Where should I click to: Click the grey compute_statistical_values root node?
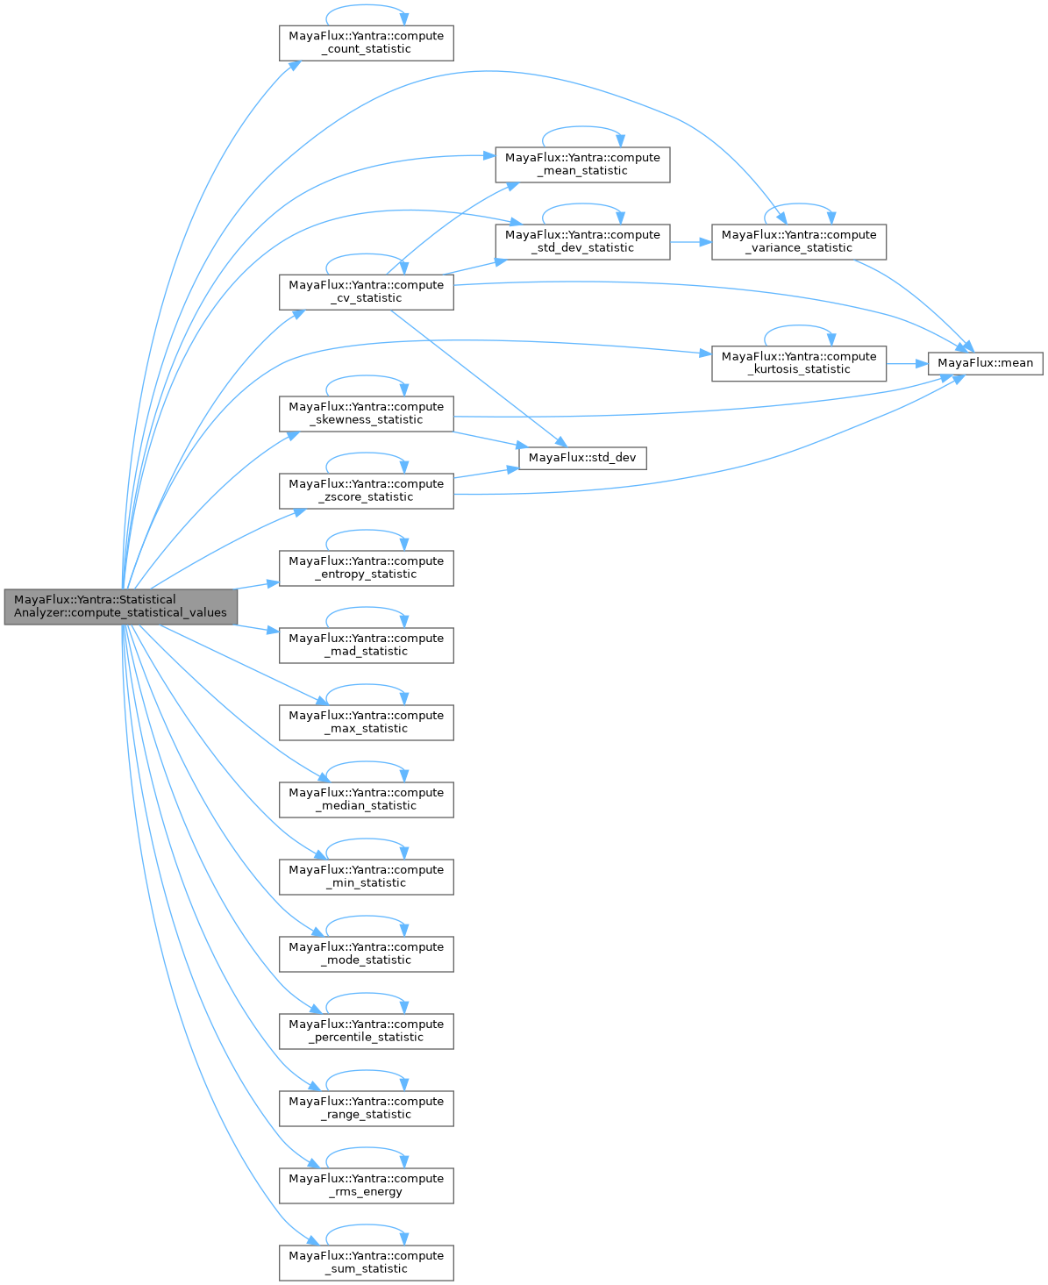(120, 606)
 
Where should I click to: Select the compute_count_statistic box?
(366, 43)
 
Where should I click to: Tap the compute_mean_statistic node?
(582, 165)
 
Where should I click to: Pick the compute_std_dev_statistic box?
(582, 241)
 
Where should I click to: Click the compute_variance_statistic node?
(798, 241)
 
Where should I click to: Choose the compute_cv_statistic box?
(366, 291)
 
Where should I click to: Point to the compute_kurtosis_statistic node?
(798, 363)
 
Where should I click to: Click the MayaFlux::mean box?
(986, 363)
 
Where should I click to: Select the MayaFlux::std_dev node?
(582, 458)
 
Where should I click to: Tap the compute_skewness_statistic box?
(366, 413)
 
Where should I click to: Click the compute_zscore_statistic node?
(366, 490)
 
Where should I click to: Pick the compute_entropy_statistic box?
(366, 568)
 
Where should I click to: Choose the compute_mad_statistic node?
(366, 645)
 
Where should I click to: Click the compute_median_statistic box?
(366, 799)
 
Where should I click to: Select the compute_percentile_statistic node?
(366, 1031)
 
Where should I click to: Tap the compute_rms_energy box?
(366, 1185)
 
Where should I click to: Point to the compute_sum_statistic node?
(366, 1262)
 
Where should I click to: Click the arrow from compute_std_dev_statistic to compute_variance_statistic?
(690, 241)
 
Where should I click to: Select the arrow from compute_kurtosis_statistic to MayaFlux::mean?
(907, 363)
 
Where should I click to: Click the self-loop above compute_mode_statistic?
(367, 917)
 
